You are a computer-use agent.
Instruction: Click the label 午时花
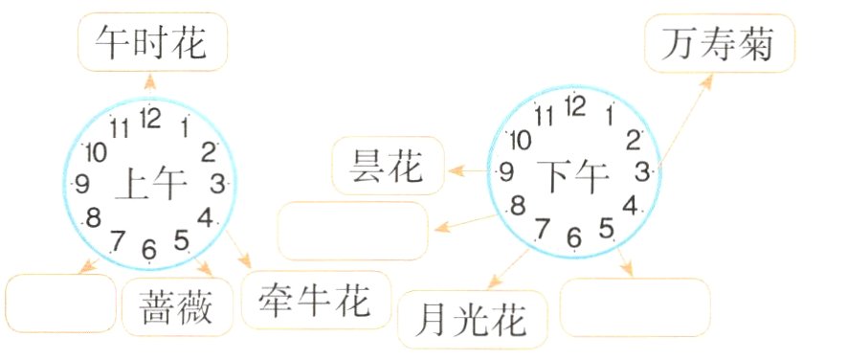click(152, 43)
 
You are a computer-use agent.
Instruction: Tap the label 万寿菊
click(721, 43)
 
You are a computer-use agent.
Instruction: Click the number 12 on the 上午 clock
click(149, 118)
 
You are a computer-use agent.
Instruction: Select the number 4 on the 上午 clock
click(204, 217)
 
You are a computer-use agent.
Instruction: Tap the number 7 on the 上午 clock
click(118, 239)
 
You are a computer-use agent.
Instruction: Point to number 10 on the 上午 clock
click(96, 151)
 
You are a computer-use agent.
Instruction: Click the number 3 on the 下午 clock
click(641, 171)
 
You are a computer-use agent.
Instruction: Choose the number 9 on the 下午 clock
click(505, 171)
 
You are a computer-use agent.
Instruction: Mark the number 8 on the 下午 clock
click(518, 204)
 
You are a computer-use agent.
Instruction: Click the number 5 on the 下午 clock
click(606, 228)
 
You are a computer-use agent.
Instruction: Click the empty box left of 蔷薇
click(60, 304)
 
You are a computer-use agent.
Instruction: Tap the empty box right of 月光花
click(635, 307)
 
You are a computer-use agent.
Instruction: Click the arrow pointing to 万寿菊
click(685, 120)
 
